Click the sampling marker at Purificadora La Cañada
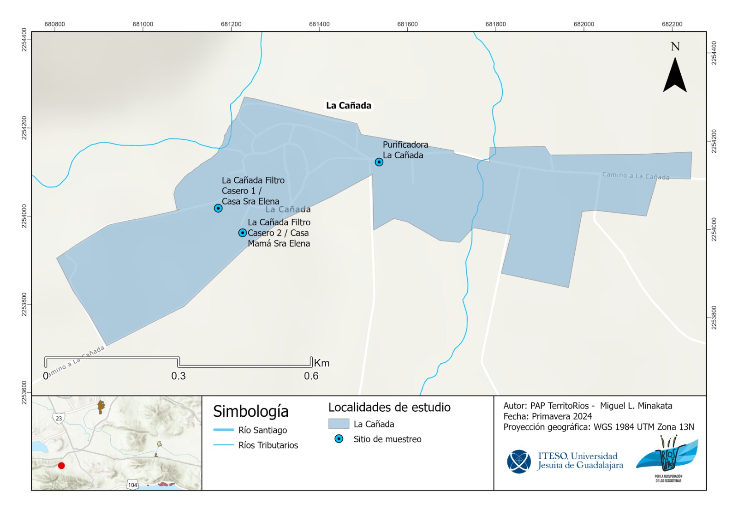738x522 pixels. [x=379, y=162]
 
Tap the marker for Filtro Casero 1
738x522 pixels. [x=218, y=208]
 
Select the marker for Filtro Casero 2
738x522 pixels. [x=242, y=233]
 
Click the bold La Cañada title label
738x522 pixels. [x=348, y=106]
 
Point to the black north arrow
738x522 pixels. [x=675, y=76]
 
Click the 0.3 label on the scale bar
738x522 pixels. [x=178, y=376]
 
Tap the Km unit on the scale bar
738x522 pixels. [x=321, y=363]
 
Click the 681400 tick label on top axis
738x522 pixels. [x=319, y=24]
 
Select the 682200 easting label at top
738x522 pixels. [x=672, y=24]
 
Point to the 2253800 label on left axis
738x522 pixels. [x=24, y=305]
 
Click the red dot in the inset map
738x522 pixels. [x=61, y=466]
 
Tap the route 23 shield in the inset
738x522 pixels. [x=59, y=419]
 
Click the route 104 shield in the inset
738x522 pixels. [x=132, y=485]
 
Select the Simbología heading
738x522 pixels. [x=250, y=411]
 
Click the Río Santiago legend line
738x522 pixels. [x=224, y=430]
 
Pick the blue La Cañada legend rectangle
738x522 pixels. [x=339, y=424]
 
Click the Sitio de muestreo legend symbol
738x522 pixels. [x=339, y=439]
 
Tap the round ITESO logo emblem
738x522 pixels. [x=519, y=461]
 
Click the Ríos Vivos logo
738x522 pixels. [x=668, y=457]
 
